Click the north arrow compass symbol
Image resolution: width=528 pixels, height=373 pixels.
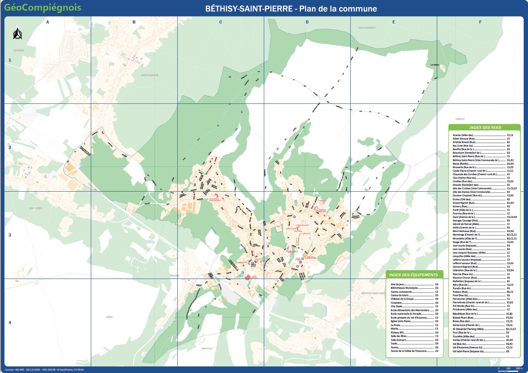(16, 34)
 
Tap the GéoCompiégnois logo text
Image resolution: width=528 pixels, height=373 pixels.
(43, 7)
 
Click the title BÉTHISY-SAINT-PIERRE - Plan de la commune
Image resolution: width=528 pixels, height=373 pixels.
(291, 9)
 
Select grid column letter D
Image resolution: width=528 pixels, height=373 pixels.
(307, 22)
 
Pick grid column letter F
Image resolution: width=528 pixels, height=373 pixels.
(480, 22)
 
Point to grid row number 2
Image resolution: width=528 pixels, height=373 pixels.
(10, 148)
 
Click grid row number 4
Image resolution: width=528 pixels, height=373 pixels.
(10, 322)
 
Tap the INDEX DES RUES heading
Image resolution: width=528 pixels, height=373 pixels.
(485, 127)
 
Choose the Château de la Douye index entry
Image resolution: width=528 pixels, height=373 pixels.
(402, 299)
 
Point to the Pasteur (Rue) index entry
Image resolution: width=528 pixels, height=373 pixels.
(460, 292)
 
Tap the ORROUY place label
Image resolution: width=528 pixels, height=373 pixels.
(460, 119)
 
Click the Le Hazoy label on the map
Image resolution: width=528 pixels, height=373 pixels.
(435, 65)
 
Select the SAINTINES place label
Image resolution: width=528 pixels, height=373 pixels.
(35, 208)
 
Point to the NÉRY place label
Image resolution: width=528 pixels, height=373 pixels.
(109, 317)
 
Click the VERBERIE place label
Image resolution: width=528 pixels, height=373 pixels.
(18, 51)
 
